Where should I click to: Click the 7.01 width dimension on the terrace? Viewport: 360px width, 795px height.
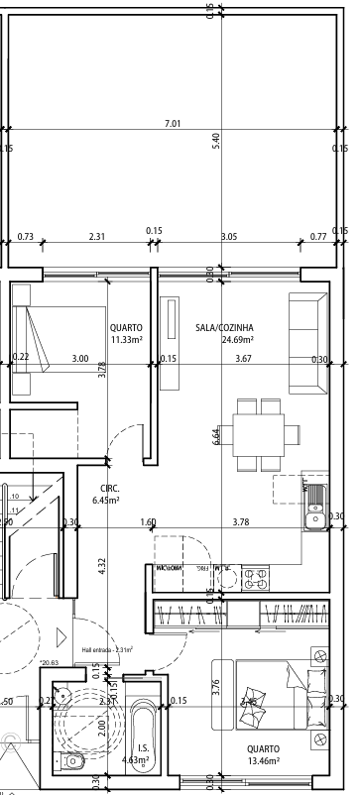point(173,123)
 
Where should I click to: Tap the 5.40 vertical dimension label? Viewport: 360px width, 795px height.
point(215,141)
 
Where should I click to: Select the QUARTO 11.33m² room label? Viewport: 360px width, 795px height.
point(126,333)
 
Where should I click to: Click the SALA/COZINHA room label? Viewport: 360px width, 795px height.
point(224,333)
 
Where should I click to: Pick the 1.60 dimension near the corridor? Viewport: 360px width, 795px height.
point(148,521)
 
